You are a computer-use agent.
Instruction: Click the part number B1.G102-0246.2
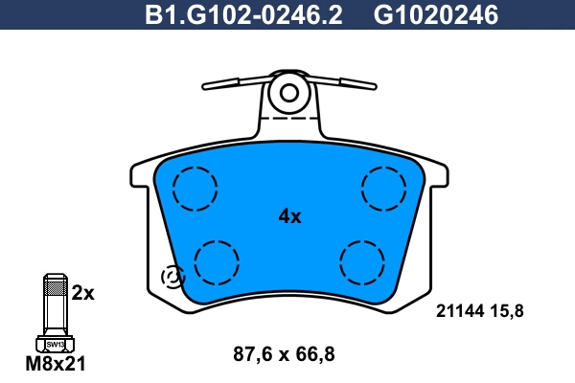243,15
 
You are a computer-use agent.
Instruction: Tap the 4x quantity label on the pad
289,216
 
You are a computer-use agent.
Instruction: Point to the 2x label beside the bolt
83,293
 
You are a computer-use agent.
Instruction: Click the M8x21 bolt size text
56,365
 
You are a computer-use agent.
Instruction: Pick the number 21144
460,310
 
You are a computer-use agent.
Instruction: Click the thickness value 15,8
508,310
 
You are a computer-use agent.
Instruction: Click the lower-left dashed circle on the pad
217,260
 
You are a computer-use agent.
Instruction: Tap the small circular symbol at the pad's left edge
172,277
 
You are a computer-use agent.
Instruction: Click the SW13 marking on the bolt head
56,344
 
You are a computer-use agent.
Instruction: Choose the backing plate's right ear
437,175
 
